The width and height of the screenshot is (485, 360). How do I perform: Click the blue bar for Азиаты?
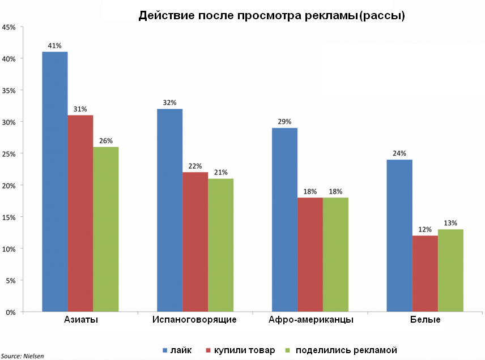coord(55,181)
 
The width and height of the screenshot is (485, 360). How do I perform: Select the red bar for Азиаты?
coord(80,213)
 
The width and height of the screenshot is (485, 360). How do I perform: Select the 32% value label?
coord(170,103)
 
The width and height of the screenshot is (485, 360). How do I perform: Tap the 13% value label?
coord(450,223)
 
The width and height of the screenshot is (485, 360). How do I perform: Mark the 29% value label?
coord(284,122)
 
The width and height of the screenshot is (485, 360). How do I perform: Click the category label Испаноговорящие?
coord(194,320)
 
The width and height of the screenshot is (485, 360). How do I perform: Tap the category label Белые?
coord(425,320)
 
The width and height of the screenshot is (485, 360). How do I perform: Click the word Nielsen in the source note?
coord(33,356)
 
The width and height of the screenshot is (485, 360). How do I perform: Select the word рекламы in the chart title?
coord(328,16)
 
